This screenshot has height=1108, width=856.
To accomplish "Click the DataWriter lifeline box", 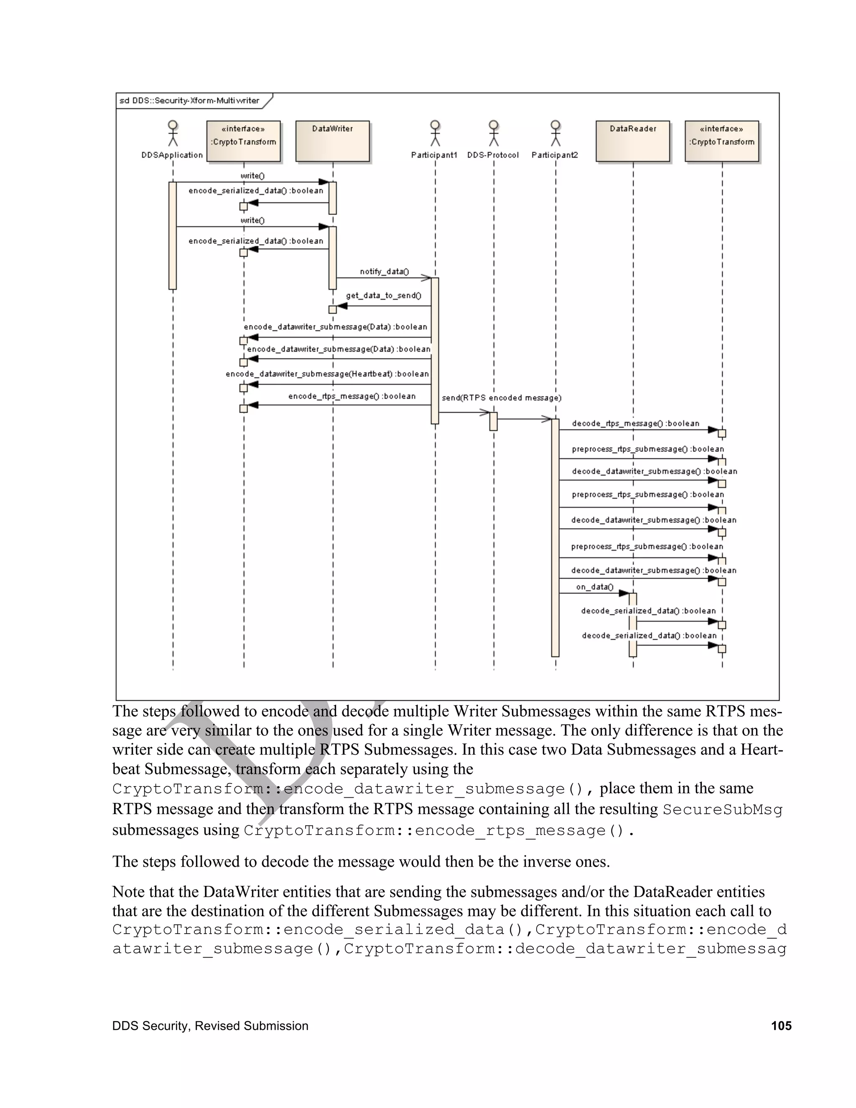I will [332, 141].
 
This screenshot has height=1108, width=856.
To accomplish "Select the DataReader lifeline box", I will [632, 141].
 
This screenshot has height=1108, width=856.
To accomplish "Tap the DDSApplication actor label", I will [172, 155].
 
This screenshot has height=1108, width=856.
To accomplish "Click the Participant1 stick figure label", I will [434, 155].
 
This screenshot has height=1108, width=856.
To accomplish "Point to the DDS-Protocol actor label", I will [493, 155].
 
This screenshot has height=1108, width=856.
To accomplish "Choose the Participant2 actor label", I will [555, 155].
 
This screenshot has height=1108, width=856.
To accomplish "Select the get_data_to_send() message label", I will [383, 295].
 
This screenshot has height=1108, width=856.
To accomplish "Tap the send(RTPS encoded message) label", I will [502, 398].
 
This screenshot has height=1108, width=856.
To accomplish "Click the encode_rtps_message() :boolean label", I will [352, 396].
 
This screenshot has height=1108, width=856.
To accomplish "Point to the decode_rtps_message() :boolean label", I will [635, 424].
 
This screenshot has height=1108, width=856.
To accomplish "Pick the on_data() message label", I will [594, 587].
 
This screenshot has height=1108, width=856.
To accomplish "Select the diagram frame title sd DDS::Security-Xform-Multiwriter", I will [189, 100].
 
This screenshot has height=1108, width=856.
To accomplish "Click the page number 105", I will [781, 1026].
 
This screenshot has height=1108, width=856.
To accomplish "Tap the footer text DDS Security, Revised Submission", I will [210, 1026].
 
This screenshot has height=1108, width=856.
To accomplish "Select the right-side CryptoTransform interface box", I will [721, 141].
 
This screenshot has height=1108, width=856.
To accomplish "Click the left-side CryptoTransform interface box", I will [243, 141].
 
